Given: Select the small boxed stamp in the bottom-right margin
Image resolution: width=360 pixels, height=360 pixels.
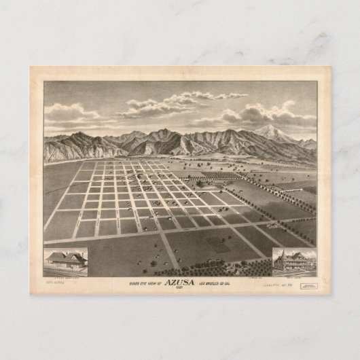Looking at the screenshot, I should coord(312,287).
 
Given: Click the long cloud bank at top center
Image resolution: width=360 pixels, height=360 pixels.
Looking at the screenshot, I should coord(183,100).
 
